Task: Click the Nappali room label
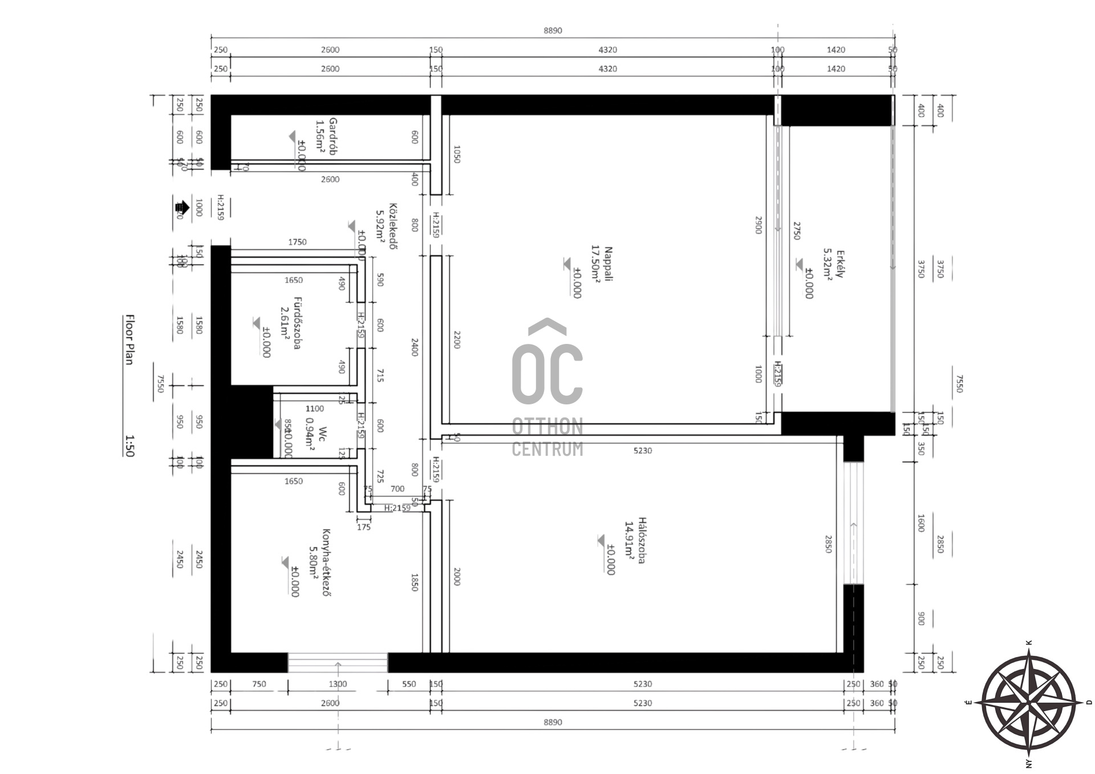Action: [x=608, y=264]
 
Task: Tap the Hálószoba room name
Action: [x=642, y=540]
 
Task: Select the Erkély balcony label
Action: [x=840, y=264]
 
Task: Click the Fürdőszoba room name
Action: [x=297, y=323]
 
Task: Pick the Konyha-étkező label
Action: [x=326, y=562]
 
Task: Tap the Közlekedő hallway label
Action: [x=393, y=226]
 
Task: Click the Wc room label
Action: [x=323, y=432]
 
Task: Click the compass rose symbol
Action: [x=1028, y=703]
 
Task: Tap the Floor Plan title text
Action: [x=129, y=339]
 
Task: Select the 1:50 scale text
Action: [x=129, y=446]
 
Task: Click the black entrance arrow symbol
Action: [x=181, y=208]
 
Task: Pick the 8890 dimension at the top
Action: [x=552, y=31]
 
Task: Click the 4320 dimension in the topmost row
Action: [x=607, y=50]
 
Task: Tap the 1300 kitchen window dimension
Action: [x=338, y=684]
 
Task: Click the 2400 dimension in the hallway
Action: [x=415, y=347]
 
